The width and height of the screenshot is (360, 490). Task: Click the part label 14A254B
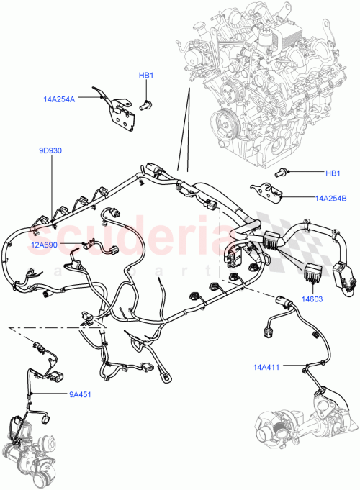point(330,196)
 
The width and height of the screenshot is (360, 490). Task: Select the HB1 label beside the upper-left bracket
point(147,76)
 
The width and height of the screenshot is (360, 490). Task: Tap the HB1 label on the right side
point(333,173)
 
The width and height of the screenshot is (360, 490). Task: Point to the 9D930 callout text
point(51,151)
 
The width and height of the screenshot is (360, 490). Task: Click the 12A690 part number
point(45,245)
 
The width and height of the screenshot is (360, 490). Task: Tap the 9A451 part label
point(80,394)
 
